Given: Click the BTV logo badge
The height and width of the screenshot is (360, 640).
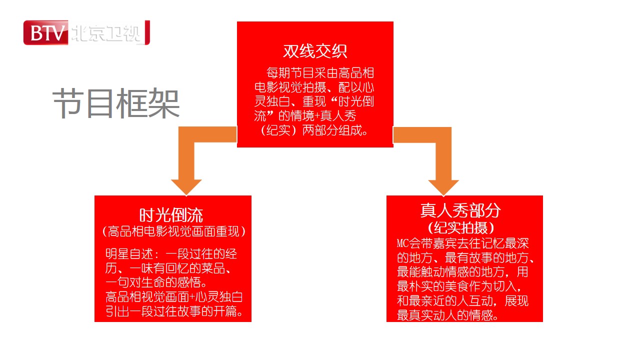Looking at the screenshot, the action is click(x=46, y=32).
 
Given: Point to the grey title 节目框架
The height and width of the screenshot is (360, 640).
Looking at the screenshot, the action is click(x=116, y=103).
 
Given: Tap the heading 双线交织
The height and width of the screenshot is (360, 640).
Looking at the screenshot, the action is click(x=315, y=51).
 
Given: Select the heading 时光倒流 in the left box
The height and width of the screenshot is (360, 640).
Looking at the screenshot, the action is click(x=171, y=215).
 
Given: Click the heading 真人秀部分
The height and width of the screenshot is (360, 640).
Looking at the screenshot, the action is click(x=460, y=210).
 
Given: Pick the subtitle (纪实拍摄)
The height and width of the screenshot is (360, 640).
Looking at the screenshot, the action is click(x=460, y=227).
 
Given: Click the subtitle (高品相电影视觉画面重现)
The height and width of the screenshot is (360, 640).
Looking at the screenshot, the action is click(x=173, y=231).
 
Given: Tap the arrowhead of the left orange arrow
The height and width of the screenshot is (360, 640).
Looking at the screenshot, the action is click(x=186, y=187).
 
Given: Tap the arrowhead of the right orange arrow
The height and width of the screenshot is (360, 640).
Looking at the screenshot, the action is click(x=443, y=187).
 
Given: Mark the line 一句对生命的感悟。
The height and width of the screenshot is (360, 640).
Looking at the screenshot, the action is click(x=156, y=282).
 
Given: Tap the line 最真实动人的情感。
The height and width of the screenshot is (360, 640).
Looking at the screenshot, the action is click(x=447, y=315).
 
